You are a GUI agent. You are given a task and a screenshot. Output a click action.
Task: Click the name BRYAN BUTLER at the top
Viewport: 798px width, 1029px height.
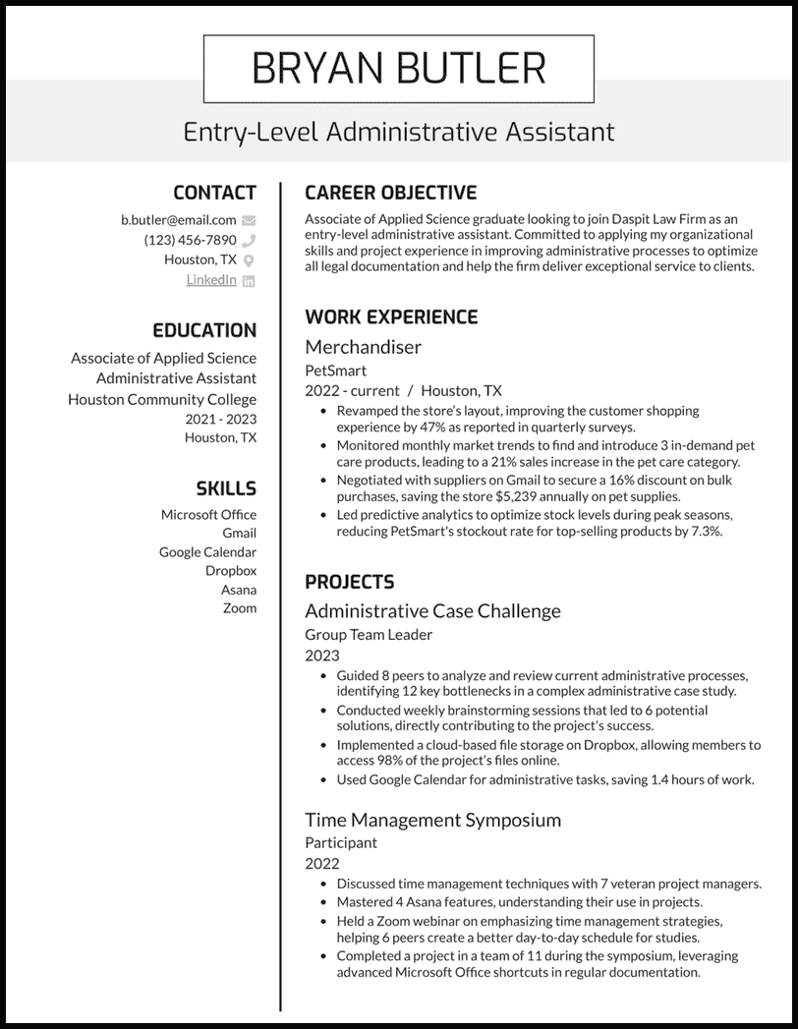(x=398, y=69)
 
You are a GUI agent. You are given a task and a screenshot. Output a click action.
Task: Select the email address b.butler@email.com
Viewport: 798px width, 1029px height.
(x=179, y=220)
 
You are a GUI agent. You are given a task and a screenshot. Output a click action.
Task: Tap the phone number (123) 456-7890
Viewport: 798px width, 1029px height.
(x=191, y=240)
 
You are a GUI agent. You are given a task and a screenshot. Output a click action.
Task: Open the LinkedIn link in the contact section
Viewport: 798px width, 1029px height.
(x=211, y=280)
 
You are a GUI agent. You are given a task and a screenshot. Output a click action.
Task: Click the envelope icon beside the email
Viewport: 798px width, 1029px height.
(x=249, y=220)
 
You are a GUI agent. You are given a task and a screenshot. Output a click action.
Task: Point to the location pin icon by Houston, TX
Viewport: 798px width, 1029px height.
(x=249, y=260)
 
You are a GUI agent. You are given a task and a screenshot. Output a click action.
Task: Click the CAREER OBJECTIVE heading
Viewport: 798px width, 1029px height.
(x=390, y=193)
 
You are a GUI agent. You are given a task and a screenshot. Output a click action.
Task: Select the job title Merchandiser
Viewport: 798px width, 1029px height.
(x=363, y=346)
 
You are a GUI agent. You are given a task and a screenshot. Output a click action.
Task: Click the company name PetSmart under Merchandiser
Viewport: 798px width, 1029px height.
(x=335, y=371)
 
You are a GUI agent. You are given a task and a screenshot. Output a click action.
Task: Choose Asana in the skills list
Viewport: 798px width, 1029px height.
(x=239, y=590)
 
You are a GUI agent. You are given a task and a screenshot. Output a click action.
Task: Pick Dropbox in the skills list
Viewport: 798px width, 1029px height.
(x=231, y=571)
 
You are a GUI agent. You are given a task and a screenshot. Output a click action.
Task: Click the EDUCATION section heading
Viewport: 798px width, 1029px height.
(x=204, y=330)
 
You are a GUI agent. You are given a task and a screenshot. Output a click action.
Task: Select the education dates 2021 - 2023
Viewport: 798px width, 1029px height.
(x=221, y=419)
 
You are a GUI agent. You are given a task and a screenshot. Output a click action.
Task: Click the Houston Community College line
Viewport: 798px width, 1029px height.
(x=162, y=399)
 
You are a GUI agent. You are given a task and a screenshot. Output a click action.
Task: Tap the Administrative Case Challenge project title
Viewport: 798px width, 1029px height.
(x=432, y=610)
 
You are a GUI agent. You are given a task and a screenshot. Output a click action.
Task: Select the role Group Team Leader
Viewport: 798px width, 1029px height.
(x=369, y=635)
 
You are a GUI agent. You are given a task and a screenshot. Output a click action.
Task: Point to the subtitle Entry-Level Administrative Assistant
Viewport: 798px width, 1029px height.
(x=398, y=132)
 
